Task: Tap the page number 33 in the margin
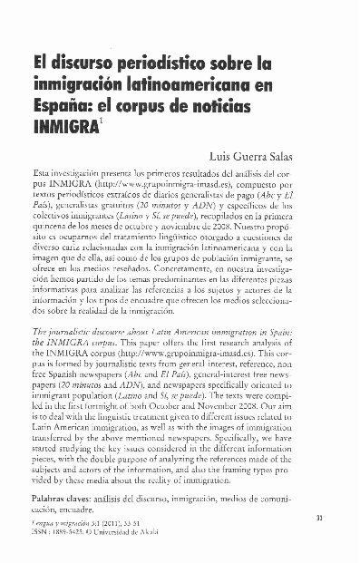click(x=346, y=517)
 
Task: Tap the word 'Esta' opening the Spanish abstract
click(x=44, y=171)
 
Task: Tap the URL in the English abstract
click(x=177, y=349)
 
